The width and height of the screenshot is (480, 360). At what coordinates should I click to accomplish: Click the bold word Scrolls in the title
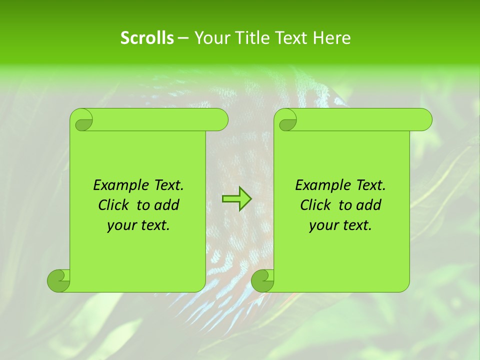coord(147,37)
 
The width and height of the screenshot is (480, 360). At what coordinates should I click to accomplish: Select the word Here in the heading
coord(332,37)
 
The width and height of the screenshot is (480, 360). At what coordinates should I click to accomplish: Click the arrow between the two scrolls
coord(236,199)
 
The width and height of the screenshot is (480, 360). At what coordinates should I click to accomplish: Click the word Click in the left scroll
coord(113,205)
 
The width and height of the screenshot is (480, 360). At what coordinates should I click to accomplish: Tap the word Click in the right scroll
coord(315,205)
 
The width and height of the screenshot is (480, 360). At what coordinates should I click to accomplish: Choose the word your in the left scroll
coord(121,225)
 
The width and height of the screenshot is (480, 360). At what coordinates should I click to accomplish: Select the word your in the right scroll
coord(323,225)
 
